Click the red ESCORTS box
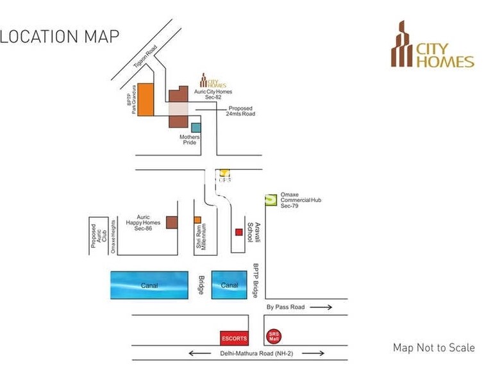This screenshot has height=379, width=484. coord(229,338)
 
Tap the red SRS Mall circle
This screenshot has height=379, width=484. coord(274,335)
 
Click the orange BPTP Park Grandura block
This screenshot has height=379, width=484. coord(146,99)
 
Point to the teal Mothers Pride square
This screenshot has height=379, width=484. coord(196,128)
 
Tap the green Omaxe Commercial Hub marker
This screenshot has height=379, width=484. coord(271,200)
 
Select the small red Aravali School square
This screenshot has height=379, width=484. coord(238,232)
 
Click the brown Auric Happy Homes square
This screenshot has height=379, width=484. coord(172,222)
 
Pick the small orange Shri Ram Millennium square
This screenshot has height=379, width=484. coord(197,219)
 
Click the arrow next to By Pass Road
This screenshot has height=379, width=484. coord(321,308)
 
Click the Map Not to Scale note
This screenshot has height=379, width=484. coord(433,348)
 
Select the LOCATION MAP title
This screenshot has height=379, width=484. coord(60,36)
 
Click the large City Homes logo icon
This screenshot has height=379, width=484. coord(403,44)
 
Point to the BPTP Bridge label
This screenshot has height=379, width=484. coord(255,280)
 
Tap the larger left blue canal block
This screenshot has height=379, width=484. coord(149,285)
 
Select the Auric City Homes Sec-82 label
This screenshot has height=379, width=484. coord(213,95)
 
